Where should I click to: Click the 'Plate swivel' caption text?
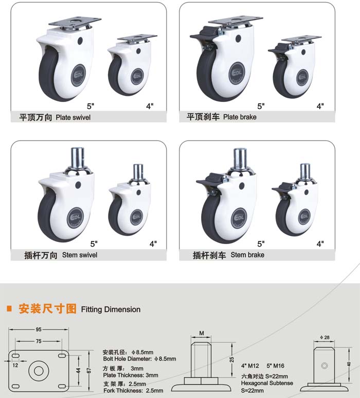point(73,117)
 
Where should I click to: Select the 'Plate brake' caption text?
point(240,117)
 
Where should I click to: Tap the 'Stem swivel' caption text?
point(80,255)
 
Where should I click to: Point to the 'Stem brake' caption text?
point(247,255)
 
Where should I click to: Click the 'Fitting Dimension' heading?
point(111,309)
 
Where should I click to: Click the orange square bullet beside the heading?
point(9,308)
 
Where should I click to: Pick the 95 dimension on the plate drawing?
point(39,330)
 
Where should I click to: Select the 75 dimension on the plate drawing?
point(39,341)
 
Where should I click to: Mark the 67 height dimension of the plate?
point(89,371)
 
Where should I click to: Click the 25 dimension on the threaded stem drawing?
point(232,359)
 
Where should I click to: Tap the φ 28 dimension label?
point(325,337)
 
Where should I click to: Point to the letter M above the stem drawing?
point(202,333)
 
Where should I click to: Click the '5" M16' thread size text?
point(275,366)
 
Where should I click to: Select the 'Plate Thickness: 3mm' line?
point(131,375)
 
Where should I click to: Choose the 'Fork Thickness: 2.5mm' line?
point(133,390)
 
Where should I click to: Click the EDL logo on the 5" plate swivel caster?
point(80,75)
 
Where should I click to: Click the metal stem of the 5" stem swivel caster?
point(77,158)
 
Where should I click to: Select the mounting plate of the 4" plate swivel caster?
point(137,38)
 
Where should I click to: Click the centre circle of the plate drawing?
point(38,371)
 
